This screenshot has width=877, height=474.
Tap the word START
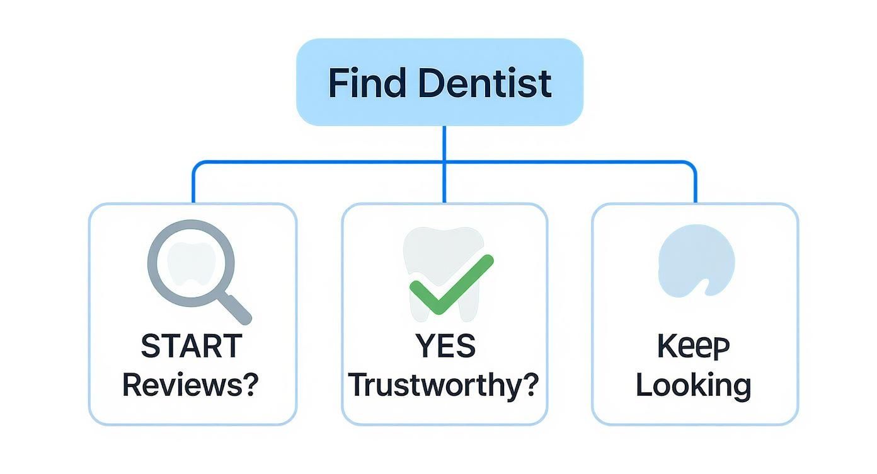click(192, 346)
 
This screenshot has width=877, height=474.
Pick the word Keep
click(693, 346)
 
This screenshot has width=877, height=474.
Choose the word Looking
click(693, 385)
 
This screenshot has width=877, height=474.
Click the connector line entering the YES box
click(444, 186)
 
